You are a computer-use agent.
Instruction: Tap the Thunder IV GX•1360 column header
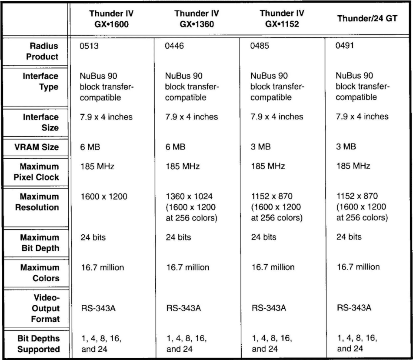[197, 19]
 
